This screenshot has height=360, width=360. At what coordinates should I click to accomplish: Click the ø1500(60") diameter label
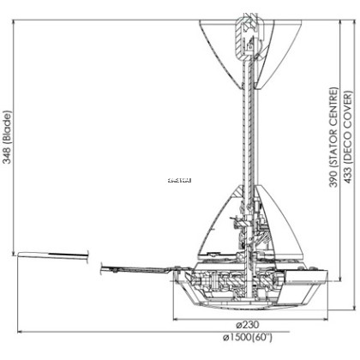249,336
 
